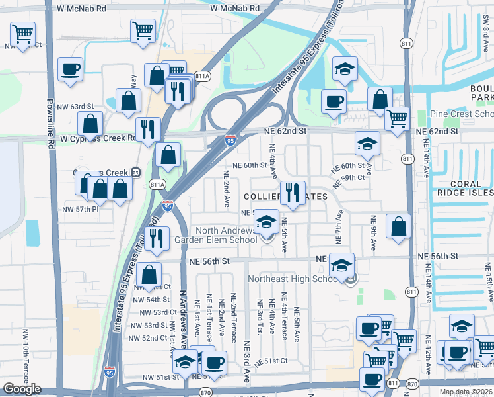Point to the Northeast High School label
(293, 279)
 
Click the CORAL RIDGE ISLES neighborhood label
(464, 188)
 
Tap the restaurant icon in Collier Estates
(292, 193)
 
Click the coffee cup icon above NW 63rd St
(70, 69)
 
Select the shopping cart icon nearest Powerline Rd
(23, 33)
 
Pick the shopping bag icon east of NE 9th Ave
(400, 226)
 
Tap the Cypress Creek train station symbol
(135, 173)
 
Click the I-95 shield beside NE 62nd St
(229, 140)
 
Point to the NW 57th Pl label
(80, 209)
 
